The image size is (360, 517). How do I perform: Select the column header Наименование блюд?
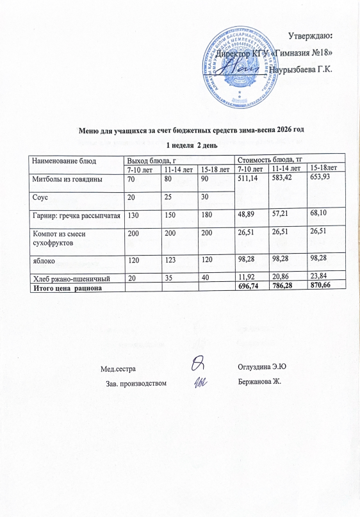coord(63,160)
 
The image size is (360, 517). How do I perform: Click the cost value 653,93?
coord(322,177)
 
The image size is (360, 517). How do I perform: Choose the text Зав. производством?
coord(140,383)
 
